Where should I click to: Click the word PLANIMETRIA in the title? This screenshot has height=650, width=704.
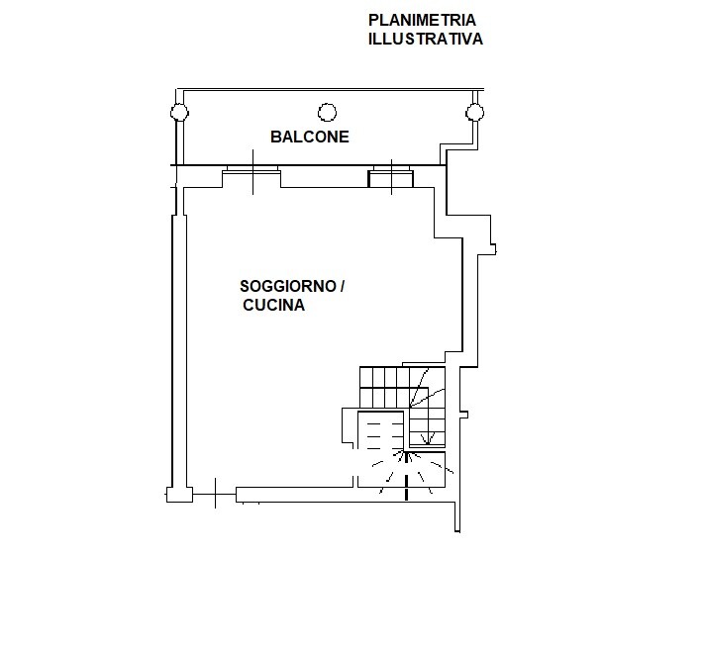(422, 20)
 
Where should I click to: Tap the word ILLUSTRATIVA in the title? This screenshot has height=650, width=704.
(425, 41)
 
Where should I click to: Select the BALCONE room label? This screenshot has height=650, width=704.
(310, 138)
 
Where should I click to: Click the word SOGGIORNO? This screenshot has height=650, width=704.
(285, 288)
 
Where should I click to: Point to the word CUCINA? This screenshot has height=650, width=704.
(274, 307)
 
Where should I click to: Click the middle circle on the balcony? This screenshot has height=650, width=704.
(327, 112)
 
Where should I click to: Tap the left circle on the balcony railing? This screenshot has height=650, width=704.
(178, 112)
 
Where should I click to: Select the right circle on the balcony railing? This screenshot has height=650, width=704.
(474, 112)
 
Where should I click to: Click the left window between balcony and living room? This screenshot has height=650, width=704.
(251, 178)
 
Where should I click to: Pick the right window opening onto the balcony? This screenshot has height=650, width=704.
(392, 178)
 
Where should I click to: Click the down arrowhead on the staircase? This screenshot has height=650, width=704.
(427, 438)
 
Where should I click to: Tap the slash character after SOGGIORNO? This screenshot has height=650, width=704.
(342, 288)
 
